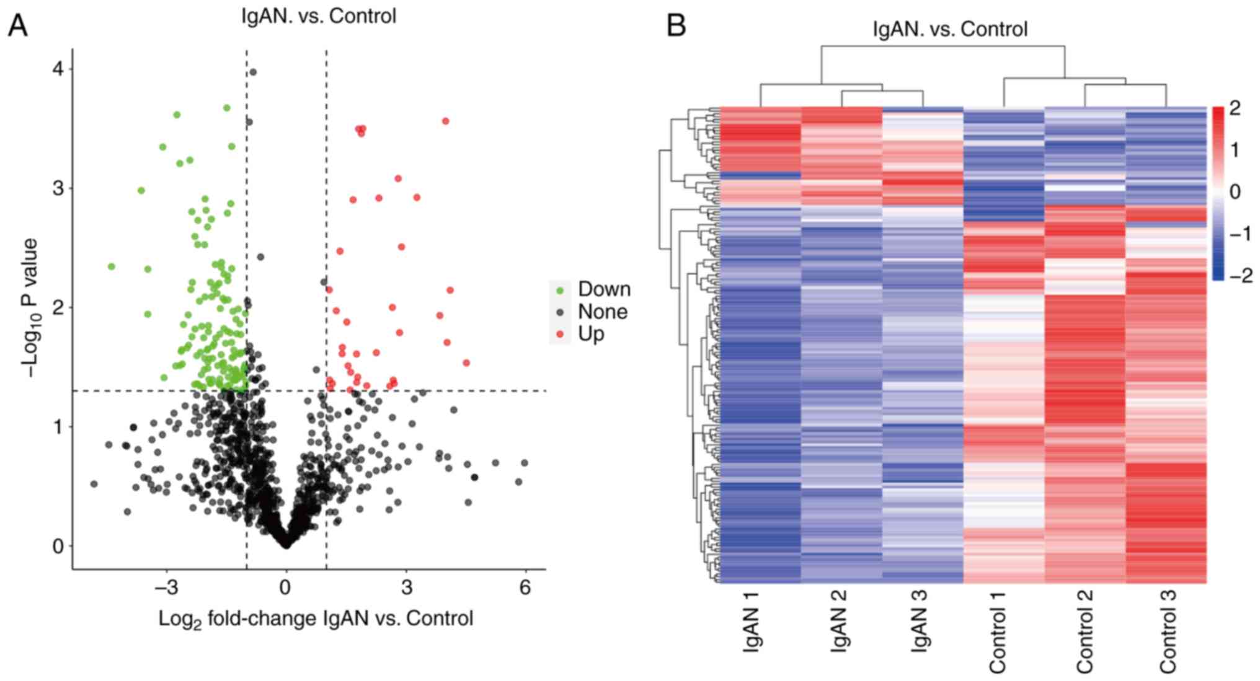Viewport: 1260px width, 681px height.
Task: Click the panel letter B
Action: click(676, 26)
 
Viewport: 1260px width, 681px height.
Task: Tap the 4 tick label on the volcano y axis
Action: click(58, 69)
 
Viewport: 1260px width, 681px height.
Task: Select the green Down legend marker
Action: click(561, 290)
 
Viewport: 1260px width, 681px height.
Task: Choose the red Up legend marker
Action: click(561, 335)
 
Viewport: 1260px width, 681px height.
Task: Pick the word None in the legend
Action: click(602, 312)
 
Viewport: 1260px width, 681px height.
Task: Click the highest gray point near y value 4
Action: click(253, 72)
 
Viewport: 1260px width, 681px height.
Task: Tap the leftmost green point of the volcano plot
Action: click(112, 266)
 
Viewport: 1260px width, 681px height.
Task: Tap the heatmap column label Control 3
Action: click(1168, 631)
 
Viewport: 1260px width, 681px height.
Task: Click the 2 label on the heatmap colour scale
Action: click(1235, 108)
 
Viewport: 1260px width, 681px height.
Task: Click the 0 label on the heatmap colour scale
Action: click(1235, 192)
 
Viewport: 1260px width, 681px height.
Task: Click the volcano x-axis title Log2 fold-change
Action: click(316, 618)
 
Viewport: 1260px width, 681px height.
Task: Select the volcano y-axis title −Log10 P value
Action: click(30, 308)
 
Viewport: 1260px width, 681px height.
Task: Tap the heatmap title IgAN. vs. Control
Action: click(950, 29)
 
